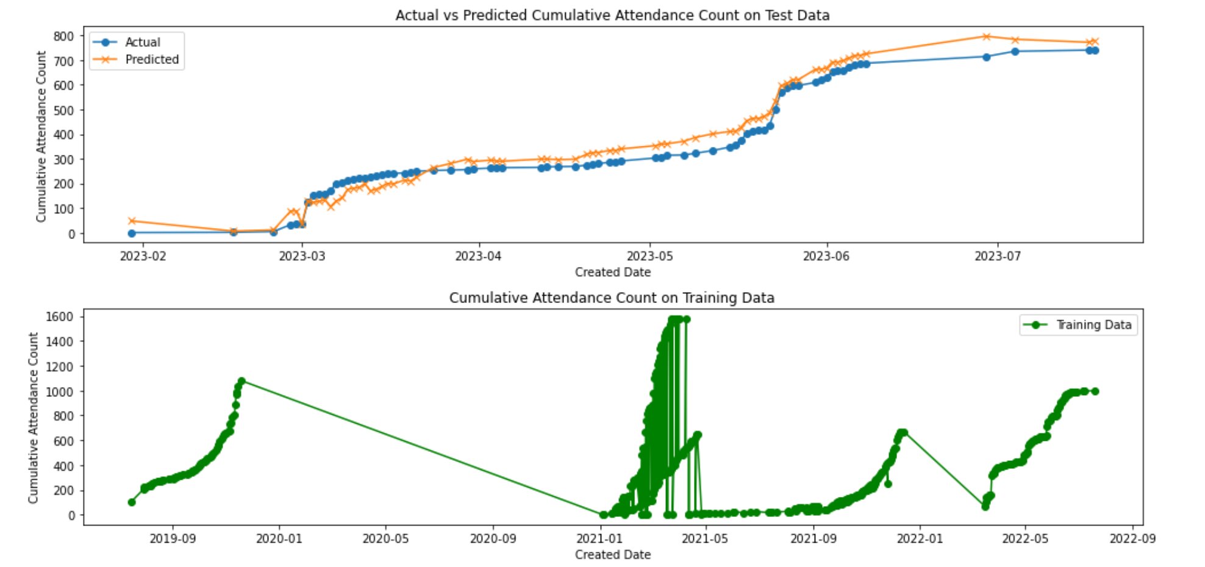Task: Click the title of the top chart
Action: [612, 15]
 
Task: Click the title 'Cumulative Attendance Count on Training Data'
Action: [612, 298]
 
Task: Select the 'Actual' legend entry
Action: [142, 42]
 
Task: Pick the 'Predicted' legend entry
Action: [151, 59]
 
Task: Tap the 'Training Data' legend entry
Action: [1093, 325]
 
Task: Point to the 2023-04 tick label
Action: [478, 256]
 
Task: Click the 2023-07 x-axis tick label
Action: [998, 256]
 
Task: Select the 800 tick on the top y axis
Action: [63, 36]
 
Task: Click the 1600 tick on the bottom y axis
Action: [59, 316]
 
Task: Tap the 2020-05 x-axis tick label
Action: [385, 538]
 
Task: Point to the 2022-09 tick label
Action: [1132, 538]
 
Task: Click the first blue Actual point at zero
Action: [132, 233]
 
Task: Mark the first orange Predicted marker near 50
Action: [132, 221]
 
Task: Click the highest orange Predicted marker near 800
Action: [986, 37]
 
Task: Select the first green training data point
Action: [132, 502]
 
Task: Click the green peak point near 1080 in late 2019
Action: [241, 381]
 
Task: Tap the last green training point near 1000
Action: [1095, 391]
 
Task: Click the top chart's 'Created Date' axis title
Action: [612, 272]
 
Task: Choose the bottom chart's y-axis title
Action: [34, 418]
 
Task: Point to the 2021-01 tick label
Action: [599, 538]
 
